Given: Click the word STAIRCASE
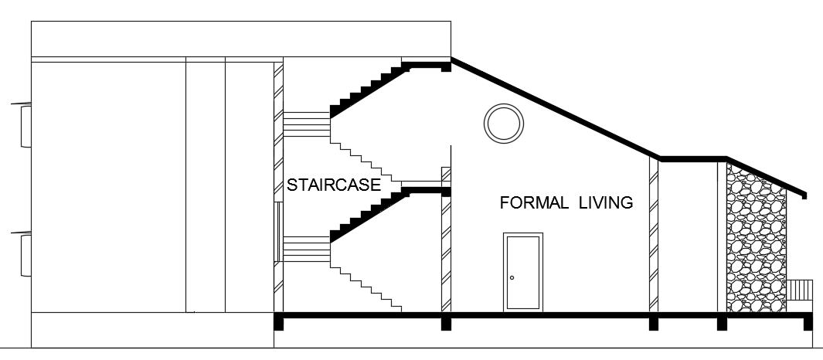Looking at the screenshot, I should click(334, 185).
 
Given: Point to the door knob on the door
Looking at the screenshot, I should click(512, 277).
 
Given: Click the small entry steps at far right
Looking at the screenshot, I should click(800, 289).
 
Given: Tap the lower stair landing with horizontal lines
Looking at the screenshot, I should click(307, 250).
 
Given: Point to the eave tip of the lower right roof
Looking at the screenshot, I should click(805, 193).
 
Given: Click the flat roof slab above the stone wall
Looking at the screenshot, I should click(692, 159).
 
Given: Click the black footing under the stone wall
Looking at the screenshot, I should click(722, 322).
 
